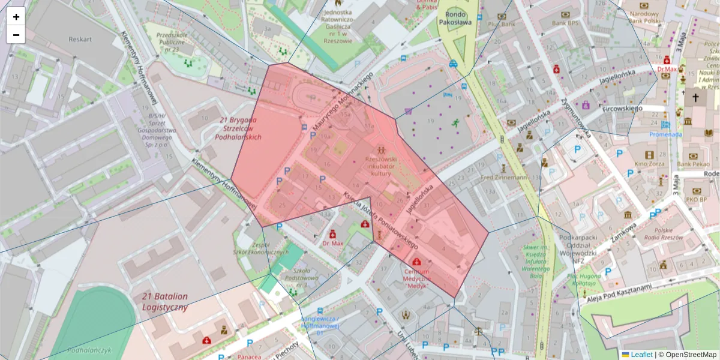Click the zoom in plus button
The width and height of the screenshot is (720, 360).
click(x=16, y=17)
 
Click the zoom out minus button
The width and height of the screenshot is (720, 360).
click(x=16, y=35)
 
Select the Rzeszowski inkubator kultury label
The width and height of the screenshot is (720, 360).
click(x=380, y=166)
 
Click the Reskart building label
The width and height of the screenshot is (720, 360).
click(x=80, y=40)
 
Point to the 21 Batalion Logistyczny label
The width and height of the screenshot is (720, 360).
click(x=165, y=302)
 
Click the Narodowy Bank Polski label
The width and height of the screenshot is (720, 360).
click(x=645, y=17)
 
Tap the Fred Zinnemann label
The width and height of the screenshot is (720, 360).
click(x=503, y=178)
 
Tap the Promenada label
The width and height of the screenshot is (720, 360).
click(x=665, y=134)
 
